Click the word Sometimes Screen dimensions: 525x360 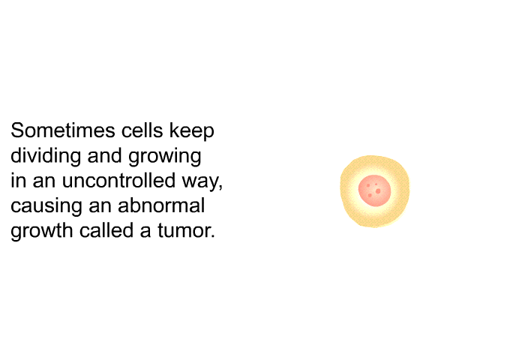pyautogui.click(x=62, y=130)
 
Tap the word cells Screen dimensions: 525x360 pyautogui.click(x=142, y=130)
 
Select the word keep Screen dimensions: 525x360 pyautogui.click(x=191, y=132)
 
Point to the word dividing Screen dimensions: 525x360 pyautogui.click(x=46, y=157)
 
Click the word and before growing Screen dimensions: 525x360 pyautogui.click(x=104, y=155)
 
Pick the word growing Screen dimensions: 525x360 pyautogui.click(x=164, y=157)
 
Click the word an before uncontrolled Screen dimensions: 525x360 pyautogui.click(x=43, y=182)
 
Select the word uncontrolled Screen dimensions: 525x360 pyautogui.click(x=118, y=180)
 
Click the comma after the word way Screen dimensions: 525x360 pyautogui.click(x=220, y=187)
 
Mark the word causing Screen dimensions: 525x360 pyautogui.click(x=46, y=207)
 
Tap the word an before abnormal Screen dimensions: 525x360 pyautogui.click(x=100, y=207)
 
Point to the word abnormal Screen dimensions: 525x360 pyautogui.click(x=161, y=205)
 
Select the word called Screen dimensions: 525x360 pyautogui.click(x=106, y=230)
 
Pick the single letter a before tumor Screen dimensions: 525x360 pyautogui.click(x=145, y=232)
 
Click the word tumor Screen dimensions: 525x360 pyautogui.click(x=186, y=231)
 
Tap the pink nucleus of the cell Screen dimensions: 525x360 pyautogui.click(x=375, y=190)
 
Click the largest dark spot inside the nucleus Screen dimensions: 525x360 pyautogui.click(x=378, y=191)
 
